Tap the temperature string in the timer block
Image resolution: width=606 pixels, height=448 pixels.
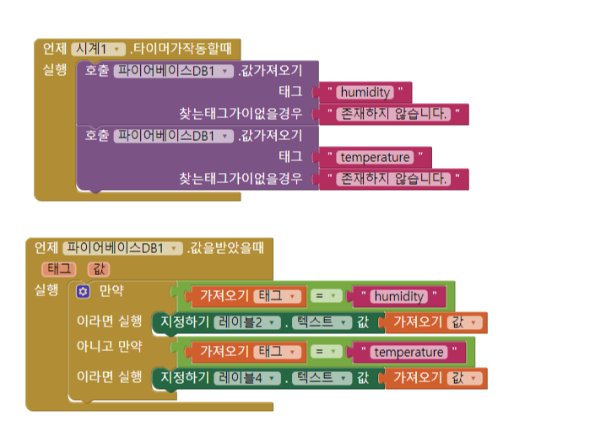click(376, 157)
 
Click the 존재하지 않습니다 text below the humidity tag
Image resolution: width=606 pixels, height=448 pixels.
click(393, 113)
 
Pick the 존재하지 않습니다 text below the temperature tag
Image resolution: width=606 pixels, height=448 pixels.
click(393, 179)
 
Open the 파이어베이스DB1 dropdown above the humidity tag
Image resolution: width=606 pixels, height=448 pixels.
click(173, 71)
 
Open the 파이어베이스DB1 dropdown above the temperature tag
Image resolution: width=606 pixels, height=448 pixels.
click(173, 135)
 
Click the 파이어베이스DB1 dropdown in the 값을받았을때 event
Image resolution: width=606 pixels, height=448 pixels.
click(123, 248)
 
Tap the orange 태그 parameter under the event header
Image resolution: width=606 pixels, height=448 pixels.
click(58, 269)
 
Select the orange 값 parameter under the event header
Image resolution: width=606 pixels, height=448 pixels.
click(99, 269)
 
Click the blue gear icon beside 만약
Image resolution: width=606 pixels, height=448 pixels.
click(83, 291)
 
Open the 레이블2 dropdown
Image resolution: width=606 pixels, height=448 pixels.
click(247, 322)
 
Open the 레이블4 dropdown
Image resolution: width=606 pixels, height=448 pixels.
click(247, 378)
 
